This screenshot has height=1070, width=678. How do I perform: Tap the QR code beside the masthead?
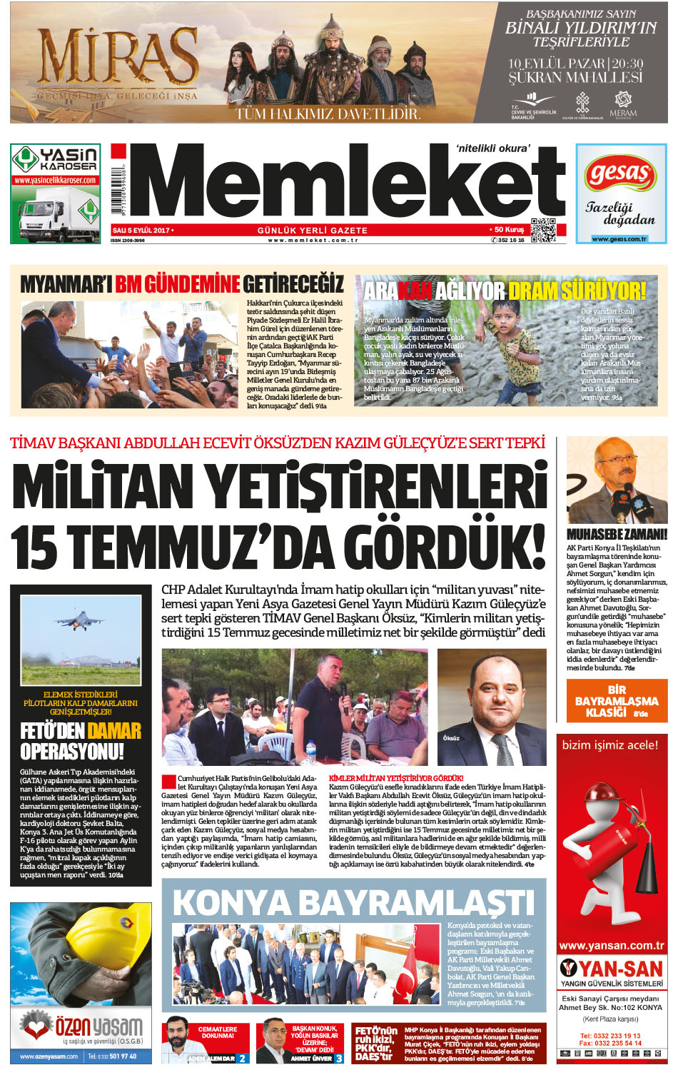[543, 229]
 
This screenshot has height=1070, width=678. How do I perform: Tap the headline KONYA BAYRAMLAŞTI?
[353, 902]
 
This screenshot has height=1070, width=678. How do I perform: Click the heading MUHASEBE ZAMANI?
[617, 534]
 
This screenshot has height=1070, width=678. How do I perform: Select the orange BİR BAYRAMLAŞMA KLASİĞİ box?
[617, 701]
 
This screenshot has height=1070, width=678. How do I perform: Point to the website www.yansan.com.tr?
[612, 946]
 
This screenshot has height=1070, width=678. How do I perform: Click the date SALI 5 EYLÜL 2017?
[141, 230]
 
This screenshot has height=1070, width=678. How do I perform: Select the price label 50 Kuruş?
[509, 230]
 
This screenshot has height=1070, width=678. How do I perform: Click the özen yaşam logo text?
[98, 1027]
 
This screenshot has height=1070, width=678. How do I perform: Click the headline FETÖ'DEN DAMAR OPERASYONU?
[81, 741]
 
